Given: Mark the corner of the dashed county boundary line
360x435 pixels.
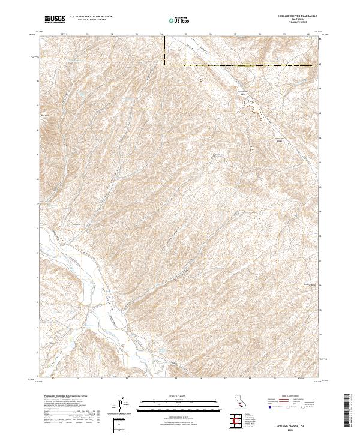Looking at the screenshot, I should (165, 64).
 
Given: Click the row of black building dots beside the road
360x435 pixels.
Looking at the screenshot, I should (257, 110).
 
